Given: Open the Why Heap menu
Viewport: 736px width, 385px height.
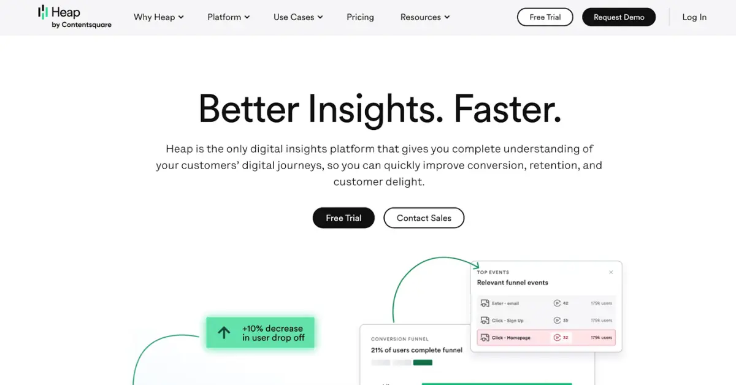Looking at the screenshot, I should click(x=159, y=17).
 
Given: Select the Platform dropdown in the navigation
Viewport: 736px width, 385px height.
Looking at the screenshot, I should click(x=228, y=17).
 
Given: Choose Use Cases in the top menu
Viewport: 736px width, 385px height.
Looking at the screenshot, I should click(x=298, y=17).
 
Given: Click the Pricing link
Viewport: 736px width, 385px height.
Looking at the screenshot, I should click(x=360, y=17).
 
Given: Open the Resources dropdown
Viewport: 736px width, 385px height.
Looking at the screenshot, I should click(x=425, y=17).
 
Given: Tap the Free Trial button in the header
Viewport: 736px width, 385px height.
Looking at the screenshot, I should click(x=545, y=17).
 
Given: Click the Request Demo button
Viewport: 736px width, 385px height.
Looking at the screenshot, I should click(x=619, y=17).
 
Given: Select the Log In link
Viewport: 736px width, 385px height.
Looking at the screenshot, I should click(x=694, y=17).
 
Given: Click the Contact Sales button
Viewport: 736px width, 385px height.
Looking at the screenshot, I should click(x=424, y=218).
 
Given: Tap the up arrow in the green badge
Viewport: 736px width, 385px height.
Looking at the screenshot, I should click(x=224, y=333).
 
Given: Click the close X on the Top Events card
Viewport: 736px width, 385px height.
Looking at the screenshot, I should click(x=611, y=272).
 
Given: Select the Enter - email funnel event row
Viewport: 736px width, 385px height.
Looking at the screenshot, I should click(x=546, y=303).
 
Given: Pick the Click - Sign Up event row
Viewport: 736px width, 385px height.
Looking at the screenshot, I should click(x=546, y=320).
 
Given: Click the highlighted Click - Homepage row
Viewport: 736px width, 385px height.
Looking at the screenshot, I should click(x=546, y=337).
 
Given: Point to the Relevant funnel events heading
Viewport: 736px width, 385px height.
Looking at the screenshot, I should click(x=512, y=283).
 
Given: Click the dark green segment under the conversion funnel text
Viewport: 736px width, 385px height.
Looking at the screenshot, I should click(x=423, y=362).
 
